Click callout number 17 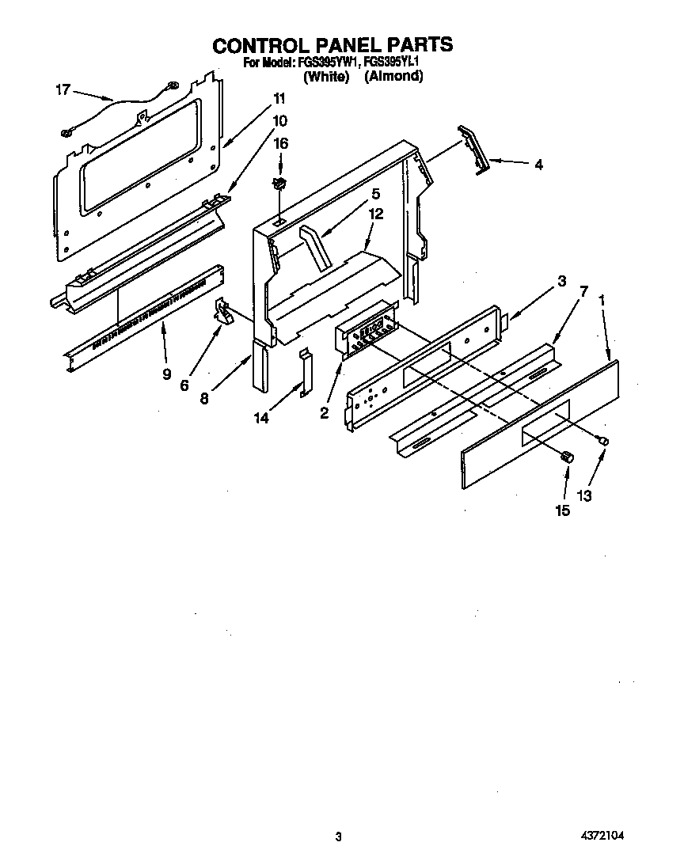point(63,90)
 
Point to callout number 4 point(538,165)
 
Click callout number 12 point(376,213)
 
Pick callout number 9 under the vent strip point(166,374)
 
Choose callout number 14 point(260,417)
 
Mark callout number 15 point(562,510)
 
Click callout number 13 point(584,495)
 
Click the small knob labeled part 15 point(566,457)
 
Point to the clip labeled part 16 point(279,184)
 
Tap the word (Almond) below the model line point(393,77)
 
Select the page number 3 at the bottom point(338,837)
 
